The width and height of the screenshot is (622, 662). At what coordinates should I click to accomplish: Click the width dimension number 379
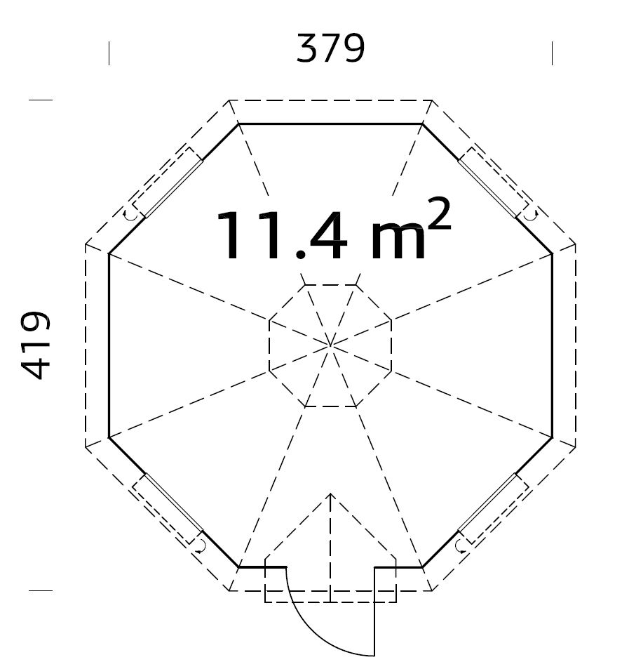[x=330, y=49]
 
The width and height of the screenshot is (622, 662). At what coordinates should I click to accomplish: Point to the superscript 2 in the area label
[x=438, y=216]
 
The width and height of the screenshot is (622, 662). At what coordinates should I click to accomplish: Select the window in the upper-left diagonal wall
[x=165, y=184]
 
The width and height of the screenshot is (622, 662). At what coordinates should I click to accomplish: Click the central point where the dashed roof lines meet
[x=330, y=345]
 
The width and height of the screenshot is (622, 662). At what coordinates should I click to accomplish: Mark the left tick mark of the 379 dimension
[x=109, y=53]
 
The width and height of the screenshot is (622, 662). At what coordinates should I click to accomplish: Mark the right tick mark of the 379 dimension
[x=553, y=53]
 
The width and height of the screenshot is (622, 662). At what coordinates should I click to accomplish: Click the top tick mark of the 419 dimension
[x=41, y=100]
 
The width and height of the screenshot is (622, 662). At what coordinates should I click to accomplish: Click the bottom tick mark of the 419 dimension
[x=41, y=590]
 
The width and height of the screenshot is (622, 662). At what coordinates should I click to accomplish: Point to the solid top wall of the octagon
[x=330, y=124]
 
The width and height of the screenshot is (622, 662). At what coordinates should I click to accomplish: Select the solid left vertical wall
[x=109, y=345]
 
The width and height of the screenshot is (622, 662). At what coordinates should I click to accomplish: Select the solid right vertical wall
[x=553, y=345]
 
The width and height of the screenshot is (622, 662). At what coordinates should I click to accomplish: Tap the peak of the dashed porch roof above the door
[x=330, y=494]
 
